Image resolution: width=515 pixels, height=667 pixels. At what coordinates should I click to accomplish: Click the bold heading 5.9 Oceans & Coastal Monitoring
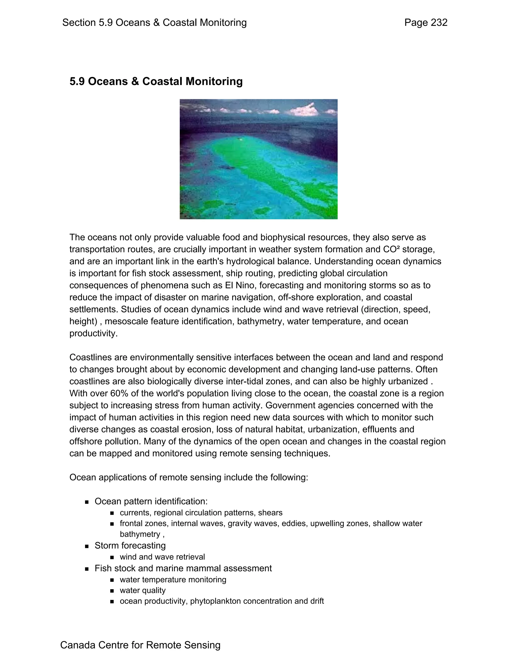tap(156, 81)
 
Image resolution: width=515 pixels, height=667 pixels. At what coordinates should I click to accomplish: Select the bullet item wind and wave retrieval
tap(162, 557)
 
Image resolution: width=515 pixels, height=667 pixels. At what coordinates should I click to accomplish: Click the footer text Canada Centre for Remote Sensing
tap(140, 645)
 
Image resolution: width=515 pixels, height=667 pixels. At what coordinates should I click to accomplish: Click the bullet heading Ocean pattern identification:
tap(151, 501)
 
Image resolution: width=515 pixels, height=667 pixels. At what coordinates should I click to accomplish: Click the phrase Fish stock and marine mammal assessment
tap(183, 568)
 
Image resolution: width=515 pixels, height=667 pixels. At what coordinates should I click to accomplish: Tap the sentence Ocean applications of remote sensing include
tap(189, 477)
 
